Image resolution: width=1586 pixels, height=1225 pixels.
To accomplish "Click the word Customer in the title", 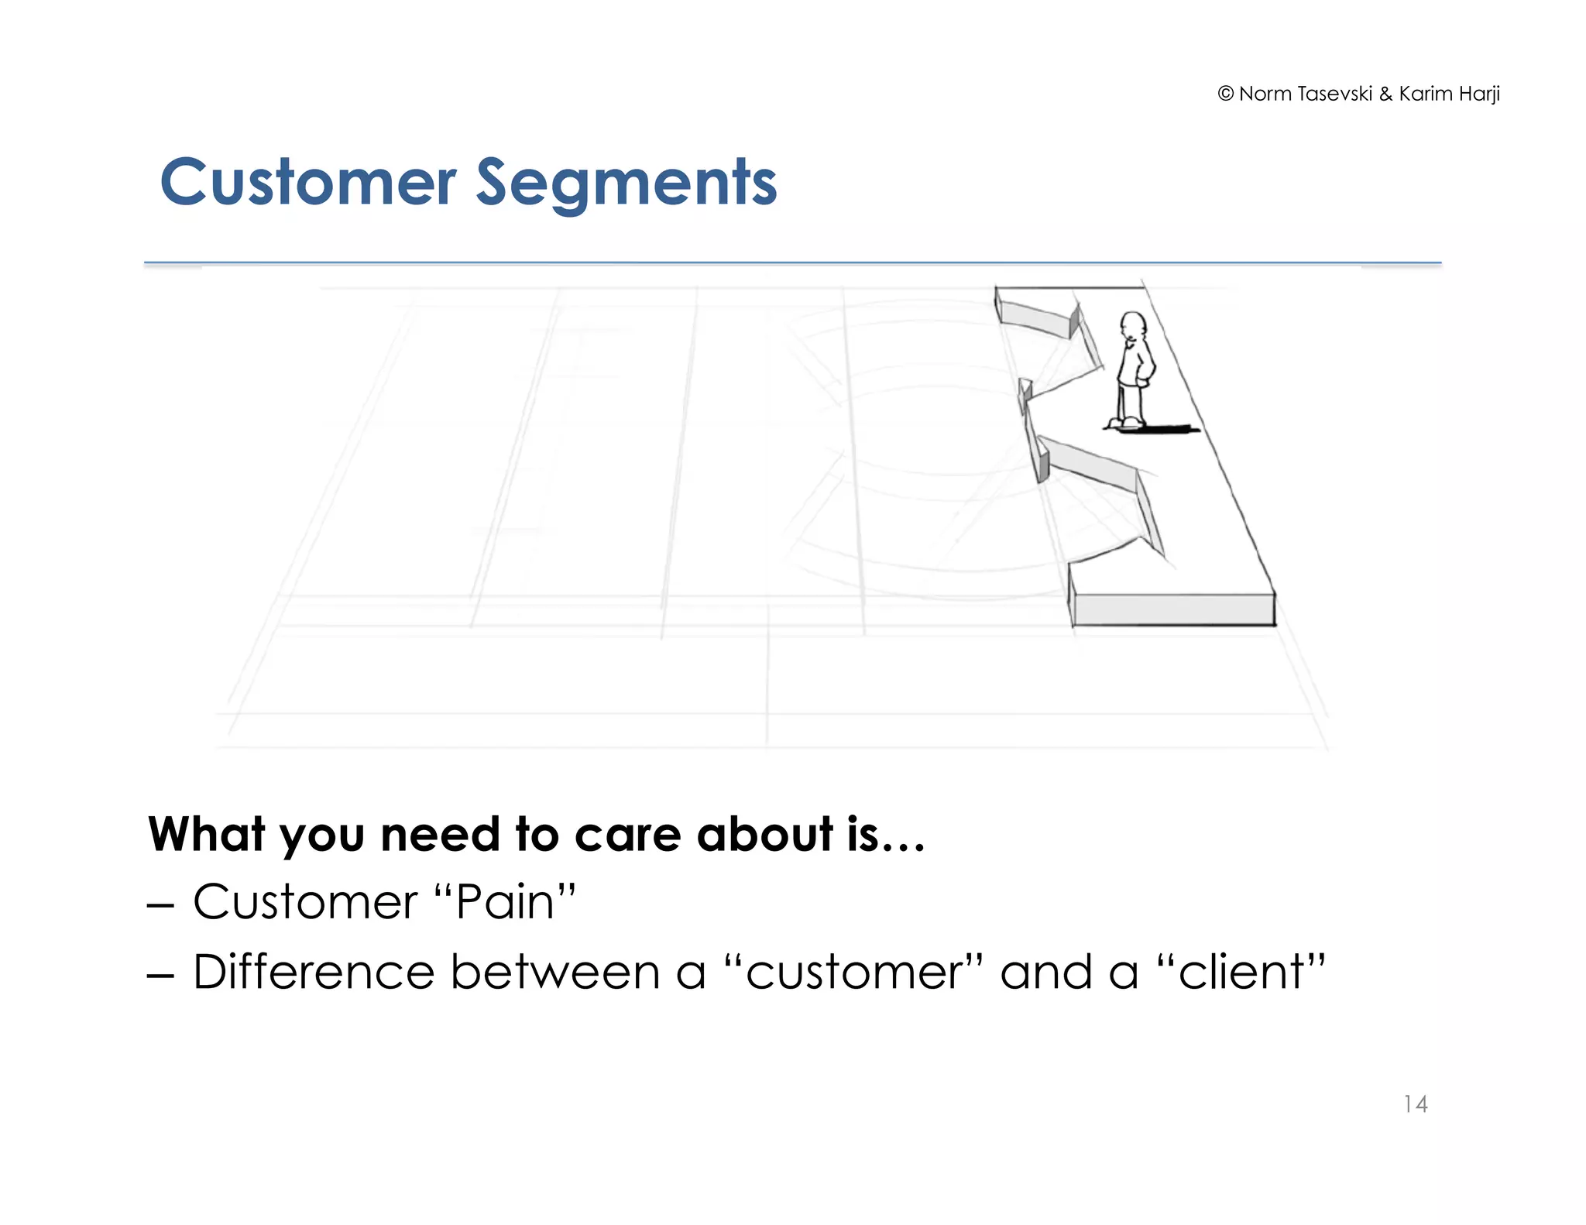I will (x=307, y=184).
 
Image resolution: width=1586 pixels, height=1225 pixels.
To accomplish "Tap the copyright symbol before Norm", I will (x=1225, y=94).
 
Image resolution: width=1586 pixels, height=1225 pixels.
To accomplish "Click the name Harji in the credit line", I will (x=1479, y=94).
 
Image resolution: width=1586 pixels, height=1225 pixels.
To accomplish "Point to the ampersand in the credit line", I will (x=1385, y=94).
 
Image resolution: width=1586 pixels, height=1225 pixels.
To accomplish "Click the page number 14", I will (x=1415, y=1103).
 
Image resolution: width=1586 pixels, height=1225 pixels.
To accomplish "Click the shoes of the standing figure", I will (x=1124, y=423).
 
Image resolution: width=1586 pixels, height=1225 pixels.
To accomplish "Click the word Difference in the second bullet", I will (x=313, y=972).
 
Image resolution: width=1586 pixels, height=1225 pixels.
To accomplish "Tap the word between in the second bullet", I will (x=554, y=972).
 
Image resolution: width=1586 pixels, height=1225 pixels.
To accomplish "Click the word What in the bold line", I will (x=206, y=835).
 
